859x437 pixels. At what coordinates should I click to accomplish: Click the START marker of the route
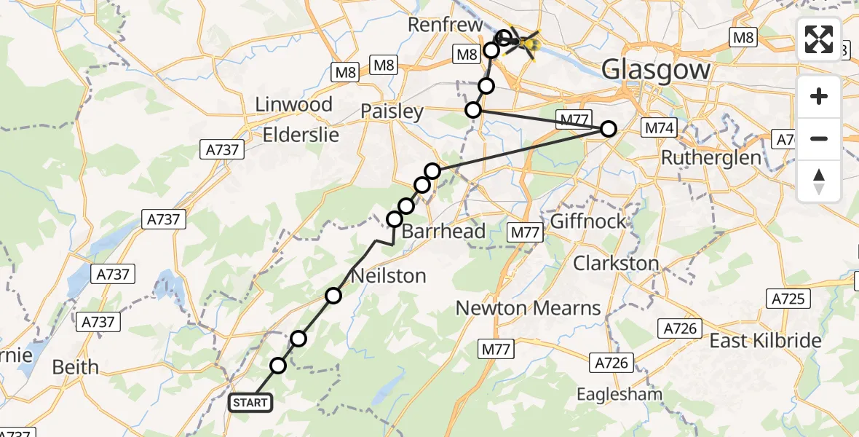tap(251, 402)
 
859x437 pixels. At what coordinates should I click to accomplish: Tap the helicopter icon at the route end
tap(523, 44)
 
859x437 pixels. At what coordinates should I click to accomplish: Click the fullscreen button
tap(819, 39)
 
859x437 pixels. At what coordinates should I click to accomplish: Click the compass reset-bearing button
tap(819, 181)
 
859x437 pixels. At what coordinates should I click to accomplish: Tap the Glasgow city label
tap(656, 71)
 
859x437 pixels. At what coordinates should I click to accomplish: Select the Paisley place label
tap(392, 111)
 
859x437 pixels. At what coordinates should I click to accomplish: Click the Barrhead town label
tap(443, 232)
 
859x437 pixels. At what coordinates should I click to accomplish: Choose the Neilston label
tap(388, 276)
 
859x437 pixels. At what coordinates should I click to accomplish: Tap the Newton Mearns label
tap(529, 308)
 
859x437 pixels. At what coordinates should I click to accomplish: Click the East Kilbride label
tap(765, 341)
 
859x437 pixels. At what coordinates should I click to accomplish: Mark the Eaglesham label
tap(619, 394)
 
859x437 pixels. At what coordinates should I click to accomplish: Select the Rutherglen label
tap(711, 157)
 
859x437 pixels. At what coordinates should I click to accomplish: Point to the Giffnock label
tap(589, 221)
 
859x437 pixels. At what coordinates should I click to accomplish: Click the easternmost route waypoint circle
tap(609, 129)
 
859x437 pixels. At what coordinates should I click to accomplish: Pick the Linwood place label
tap(293, 105)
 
